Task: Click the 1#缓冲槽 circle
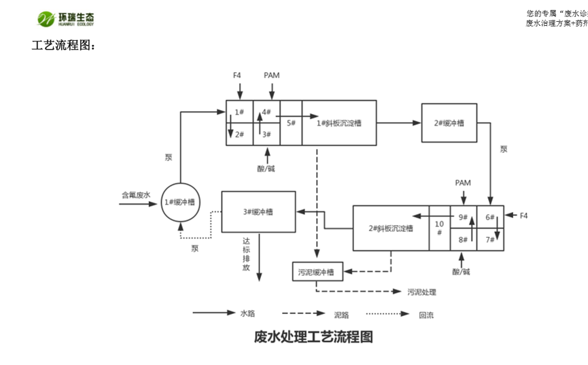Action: (180, 202)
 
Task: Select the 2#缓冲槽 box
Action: (449, 123)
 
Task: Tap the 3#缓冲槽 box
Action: (258, 212)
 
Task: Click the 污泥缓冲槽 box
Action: (317, 272)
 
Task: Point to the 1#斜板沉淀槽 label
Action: (339, 123)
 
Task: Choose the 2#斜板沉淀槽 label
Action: (390, 228)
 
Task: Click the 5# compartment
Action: (291, 123)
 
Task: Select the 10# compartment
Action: (439, 228)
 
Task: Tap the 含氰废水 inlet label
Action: (135, 194)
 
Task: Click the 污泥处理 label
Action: (421, 292)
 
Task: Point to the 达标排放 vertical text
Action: (246, 254)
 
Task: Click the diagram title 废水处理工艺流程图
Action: (313, 336)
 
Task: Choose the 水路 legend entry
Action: (247, 313)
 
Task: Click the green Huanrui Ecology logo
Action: (65, 18)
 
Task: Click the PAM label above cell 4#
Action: (271, 75)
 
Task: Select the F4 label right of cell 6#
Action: (523, 216)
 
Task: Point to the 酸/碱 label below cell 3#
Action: (266, 168)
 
